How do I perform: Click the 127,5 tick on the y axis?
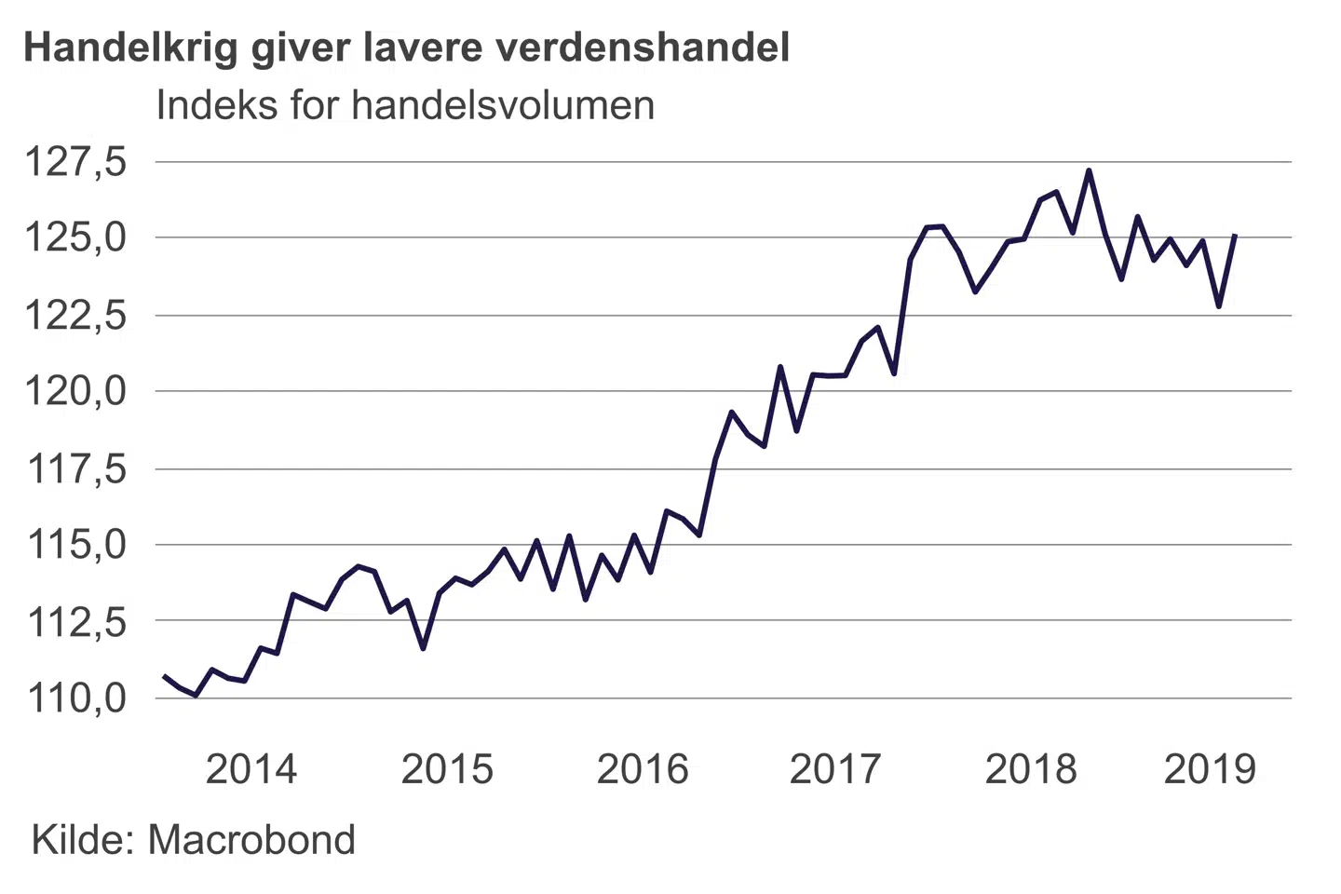(74, 162)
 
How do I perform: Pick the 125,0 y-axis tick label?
(74, 238)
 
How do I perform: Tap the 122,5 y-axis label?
(74, 316)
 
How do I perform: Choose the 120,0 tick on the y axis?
(74, 391)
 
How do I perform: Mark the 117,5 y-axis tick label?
(74, 469)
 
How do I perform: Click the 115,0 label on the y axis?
(74, 545)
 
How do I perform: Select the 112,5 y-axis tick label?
(74, 621)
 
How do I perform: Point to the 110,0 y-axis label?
(74, 698)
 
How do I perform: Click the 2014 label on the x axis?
(251, 769)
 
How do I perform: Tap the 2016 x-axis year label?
(643, 769)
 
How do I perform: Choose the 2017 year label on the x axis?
(835, 769)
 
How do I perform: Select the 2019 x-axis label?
(1210, 769)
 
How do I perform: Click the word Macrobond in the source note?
(251, 840)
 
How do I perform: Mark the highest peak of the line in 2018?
(1089, 171)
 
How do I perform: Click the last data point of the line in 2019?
(1235, 236)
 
